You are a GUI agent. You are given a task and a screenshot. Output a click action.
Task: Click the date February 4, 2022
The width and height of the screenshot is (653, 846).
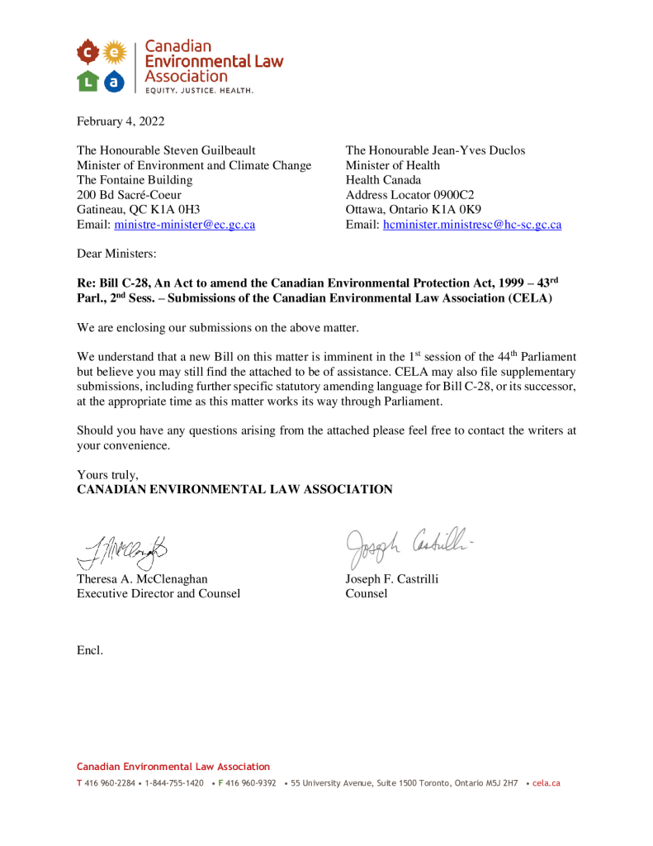(121, 121)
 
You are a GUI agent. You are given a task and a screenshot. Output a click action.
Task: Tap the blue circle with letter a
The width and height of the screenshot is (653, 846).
(114, 80)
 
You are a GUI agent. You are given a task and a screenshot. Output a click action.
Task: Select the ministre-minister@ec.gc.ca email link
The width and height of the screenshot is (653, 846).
(184, 225)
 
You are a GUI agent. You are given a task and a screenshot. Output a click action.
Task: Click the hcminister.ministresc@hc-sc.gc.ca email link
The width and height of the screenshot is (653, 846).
(472, 225)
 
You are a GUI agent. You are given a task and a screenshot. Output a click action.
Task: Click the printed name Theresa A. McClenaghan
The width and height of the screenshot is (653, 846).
(142, 578)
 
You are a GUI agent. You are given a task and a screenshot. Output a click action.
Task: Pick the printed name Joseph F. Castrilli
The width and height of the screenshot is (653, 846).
(391, 578)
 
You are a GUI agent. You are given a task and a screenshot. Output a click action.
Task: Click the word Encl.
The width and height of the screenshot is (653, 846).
(90, 650)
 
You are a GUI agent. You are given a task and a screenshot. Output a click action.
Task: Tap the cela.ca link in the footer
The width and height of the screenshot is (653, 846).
(547, 782)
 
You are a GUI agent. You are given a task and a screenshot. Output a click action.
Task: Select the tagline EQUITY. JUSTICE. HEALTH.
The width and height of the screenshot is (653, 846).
(199, 89)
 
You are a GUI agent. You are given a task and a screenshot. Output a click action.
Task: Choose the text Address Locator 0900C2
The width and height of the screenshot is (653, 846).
(409, 195)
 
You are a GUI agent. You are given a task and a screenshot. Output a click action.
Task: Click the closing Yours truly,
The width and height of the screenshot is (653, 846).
(107, 474)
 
